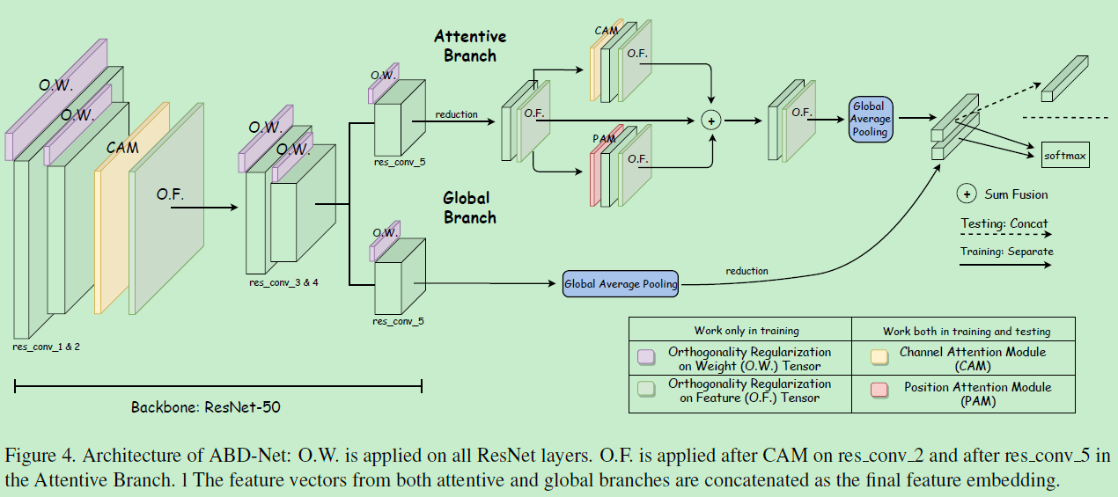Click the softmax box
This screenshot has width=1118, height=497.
pos(1065,156)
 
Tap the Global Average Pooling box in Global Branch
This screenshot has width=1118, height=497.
pos(621,283)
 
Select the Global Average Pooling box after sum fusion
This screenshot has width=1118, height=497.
pos(871,119)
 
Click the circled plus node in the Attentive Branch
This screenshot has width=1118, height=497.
pos(710,120)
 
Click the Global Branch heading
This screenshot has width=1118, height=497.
pos(469,208)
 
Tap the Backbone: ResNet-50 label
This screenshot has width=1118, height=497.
pos(206,407)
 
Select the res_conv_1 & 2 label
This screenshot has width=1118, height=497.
pos(47,347)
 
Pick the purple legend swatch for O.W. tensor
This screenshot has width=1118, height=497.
pos(645,356)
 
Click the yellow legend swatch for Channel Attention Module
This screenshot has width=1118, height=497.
pos(878,356)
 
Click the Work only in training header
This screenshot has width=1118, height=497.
pos(746,331)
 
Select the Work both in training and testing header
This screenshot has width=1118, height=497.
pos(967,332)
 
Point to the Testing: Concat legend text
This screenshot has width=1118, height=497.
pos(1004,223)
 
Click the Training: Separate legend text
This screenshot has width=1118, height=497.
pos(1006,252)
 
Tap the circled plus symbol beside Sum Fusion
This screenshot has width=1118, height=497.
pos(967,194)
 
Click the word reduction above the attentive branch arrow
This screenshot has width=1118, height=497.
pos(456,114)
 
